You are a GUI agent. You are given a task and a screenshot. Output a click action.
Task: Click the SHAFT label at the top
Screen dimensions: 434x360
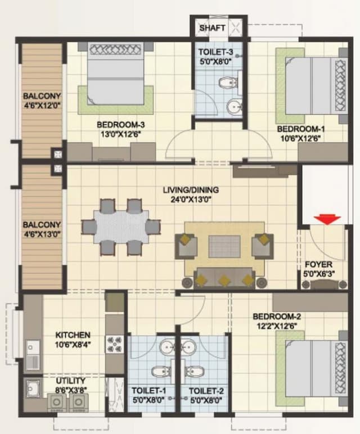[212, 28]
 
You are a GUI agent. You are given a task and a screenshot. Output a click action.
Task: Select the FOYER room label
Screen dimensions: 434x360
[318, 265]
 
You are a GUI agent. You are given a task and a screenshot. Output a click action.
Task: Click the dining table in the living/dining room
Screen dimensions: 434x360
[121, 227]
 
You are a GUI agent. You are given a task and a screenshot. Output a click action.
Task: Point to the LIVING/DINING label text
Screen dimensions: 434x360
[191, 190]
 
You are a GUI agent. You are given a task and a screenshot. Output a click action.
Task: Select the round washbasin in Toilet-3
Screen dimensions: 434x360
[233, 106]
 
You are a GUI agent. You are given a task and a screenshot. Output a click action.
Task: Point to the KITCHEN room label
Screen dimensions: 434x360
[73, 334]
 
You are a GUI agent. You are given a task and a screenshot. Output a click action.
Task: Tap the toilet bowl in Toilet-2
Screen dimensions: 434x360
[195, 372]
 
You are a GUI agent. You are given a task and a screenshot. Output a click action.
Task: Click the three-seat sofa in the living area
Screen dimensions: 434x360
[224, 278]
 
